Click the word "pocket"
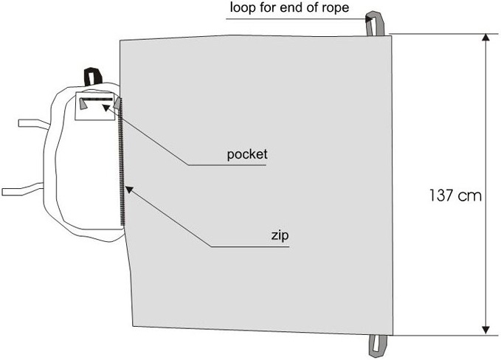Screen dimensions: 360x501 pos(247,155)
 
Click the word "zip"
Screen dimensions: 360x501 pos(278,236)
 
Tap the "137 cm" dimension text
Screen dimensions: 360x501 pos(455,196)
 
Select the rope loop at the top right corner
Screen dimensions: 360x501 pos(376,23)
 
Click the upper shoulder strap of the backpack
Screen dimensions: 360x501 pos(34,122)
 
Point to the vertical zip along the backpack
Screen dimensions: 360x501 pos(122,162)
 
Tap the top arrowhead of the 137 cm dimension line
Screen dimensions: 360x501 pos(485,38)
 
